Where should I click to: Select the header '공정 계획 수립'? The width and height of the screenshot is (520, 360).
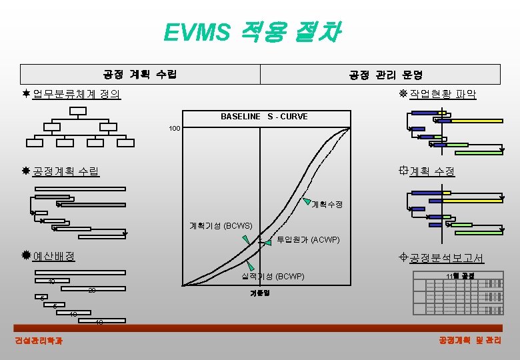(x=140, y=74)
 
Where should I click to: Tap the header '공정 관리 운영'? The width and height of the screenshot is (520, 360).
(x=385, y=75)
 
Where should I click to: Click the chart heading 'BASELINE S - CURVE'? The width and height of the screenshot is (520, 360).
(x=264, y=117)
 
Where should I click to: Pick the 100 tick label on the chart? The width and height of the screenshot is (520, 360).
(x=175, y=127)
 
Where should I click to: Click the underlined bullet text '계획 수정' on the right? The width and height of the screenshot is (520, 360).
(x=432, y=171)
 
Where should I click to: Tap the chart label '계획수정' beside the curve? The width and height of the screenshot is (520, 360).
(x=327, y=204)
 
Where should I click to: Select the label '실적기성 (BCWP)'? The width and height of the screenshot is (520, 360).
(x=272, y=276)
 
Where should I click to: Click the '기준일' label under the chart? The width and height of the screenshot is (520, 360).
(x=259, y=293)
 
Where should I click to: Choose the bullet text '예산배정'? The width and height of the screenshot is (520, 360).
(x=53, y=256)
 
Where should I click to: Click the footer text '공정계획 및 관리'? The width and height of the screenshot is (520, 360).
(x=469, y=341)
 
